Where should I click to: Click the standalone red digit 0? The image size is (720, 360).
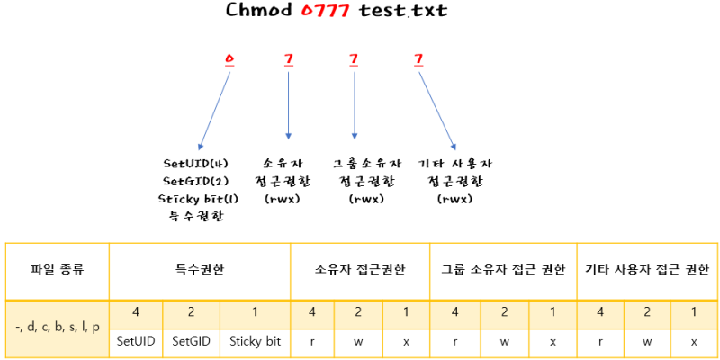click(x=229, y=59)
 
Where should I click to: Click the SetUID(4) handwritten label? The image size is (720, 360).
click(x=195, y=164)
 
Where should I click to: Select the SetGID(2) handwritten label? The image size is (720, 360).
click(x=195, y=181)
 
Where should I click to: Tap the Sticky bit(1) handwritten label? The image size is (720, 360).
click(x=195, y=198)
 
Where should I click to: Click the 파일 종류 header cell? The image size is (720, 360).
click(x=57, y=270)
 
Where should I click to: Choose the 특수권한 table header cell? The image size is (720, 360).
click(x=199, y=270)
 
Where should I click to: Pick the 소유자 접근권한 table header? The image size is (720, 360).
click(x=359, y=270)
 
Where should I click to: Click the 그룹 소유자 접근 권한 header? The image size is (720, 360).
click(x=503, y=270)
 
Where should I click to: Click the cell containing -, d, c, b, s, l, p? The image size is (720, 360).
click(x=57, y=327)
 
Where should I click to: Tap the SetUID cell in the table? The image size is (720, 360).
click(x=136, y=341)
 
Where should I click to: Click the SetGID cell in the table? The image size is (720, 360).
click(x=191, y=341)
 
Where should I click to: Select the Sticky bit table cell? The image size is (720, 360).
click(x=255, y=341)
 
